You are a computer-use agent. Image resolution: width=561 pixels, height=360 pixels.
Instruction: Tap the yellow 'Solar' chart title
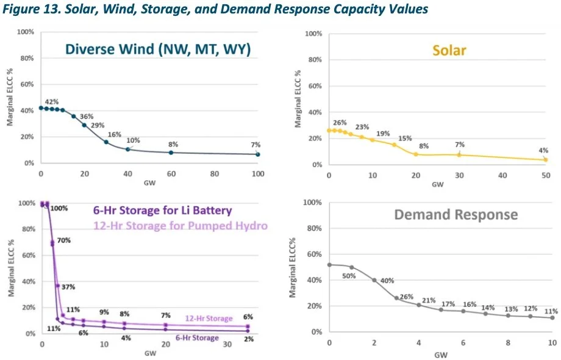(x=449, y=50)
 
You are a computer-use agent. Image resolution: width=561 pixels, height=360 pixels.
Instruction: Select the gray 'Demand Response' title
(x=456, y=215)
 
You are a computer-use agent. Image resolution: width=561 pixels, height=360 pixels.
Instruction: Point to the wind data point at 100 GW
(x=258, y=154)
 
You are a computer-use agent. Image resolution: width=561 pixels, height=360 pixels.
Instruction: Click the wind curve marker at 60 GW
(x=171, y=153)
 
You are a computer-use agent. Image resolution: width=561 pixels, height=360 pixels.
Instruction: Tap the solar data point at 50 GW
(x=546, y=160)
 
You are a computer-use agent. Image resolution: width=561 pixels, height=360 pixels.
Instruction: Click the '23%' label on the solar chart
(x=363, y=128)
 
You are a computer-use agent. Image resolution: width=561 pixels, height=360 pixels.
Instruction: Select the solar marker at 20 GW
(x=416, y=154)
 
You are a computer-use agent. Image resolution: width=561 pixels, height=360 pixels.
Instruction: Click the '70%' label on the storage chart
(x=65, y=240)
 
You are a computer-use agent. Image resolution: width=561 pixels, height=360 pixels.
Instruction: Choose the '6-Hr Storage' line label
(x=197, y=337)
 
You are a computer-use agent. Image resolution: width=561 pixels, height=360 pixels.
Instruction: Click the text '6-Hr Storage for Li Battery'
(x=162, y=211)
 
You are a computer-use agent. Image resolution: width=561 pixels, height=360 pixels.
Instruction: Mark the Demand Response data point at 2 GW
(x=374, y=280)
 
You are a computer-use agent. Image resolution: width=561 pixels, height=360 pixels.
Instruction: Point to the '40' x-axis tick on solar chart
(x=502, y=176)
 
